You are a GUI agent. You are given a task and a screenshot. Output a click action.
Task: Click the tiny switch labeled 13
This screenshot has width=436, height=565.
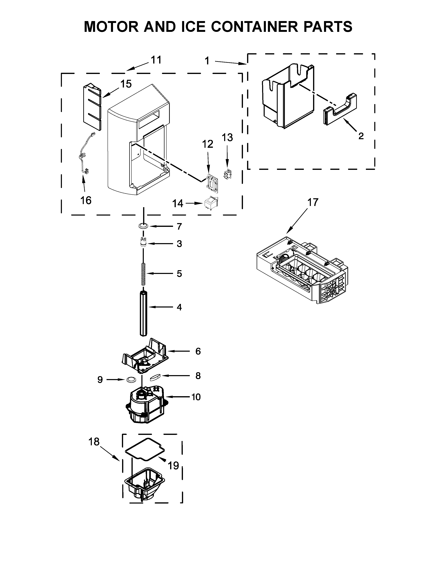pos(227,174)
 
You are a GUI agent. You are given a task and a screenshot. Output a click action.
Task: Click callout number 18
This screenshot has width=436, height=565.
pos(94,442)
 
